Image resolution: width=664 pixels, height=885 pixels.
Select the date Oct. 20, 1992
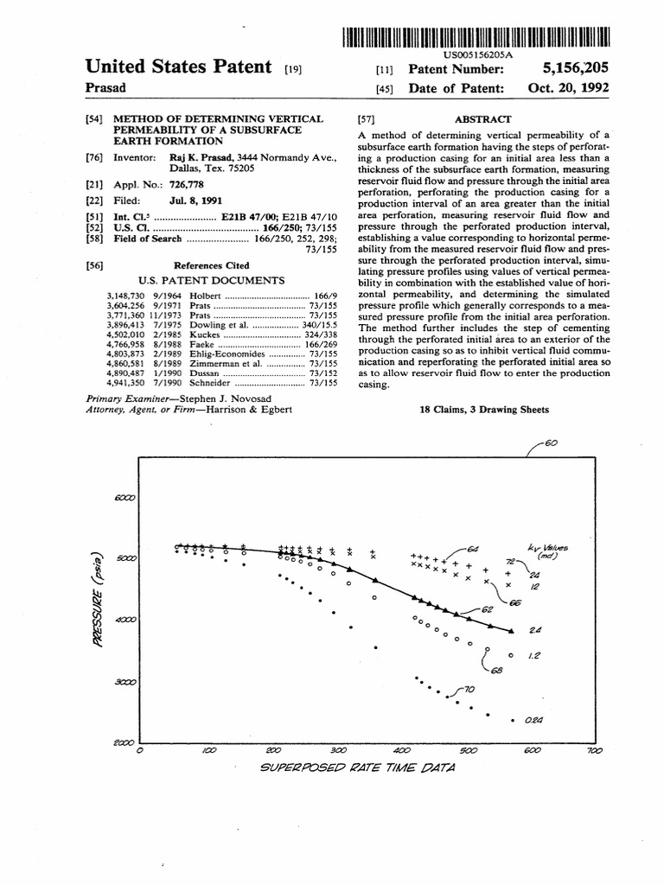click(569, 88)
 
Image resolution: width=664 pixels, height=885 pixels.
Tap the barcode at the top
click(476, 36)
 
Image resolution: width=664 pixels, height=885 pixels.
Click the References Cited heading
click(212, 265)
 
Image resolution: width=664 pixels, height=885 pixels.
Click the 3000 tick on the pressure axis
click(126, 682)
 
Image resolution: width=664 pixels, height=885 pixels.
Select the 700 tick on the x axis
click(593, 752)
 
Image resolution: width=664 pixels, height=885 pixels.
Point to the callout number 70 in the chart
click(469, 689)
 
